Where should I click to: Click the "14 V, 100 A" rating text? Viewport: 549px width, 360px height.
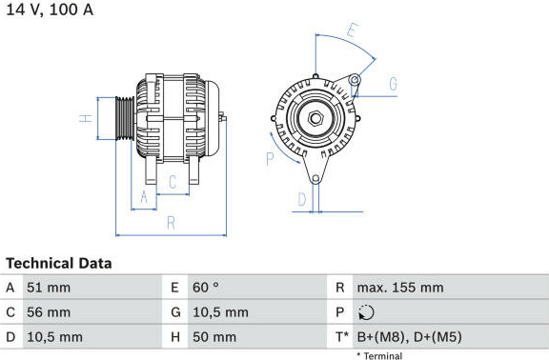(x=50, y=10)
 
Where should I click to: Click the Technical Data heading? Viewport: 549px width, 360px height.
(x=59, y=264)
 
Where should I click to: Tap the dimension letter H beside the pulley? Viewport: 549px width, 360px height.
(x=86, y=118)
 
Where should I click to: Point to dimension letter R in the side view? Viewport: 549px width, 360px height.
(x=171, y=223)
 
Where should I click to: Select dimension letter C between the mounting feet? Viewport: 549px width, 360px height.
(x=173, y=182)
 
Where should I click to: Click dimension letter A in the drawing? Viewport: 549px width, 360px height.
(x=144, y=196)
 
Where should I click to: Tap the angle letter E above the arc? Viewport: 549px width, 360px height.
(x=353, y=30)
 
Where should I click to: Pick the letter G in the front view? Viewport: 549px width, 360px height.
(x=394, y=84)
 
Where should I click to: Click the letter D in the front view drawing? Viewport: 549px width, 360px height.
(x=302, y=199)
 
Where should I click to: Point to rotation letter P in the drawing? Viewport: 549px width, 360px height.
(x=270, y=159)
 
